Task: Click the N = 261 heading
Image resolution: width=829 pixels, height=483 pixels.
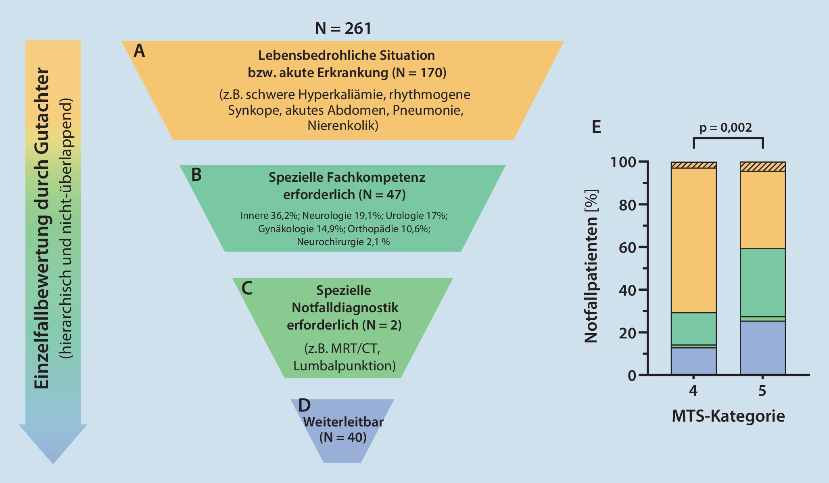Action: [343, 29]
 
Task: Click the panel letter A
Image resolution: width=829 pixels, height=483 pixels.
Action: [139, 51]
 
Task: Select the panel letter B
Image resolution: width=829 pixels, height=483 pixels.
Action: [196, 175]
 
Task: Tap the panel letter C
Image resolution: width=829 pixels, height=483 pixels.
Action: [246, 288]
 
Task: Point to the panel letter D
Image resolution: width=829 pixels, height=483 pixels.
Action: [304, 405]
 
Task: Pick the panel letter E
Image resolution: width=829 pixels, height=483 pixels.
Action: [596, 127]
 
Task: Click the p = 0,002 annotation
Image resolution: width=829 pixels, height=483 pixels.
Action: [725, 128]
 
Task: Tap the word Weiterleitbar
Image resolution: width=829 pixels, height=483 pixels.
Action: [343, 422]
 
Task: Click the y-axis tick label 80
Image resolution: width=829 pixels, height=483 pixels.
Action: [627, 205]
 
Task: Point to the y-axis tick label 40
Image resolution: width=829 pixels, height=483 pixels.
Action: [627, 290]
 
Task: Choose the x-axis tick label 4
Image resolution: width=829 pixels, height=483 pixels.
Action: [693, 391]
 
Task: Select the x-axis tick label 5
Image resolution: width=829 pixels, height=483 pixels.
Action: [762, 391]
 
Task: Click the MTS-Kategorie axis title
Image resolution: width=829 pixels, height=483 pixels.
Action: [728, 416]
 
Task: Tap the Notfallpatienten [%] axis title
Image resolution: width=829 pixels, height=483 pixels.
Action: [591, 267]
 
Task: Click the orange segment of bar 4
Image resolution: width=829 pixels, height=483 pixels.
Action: [693, 240]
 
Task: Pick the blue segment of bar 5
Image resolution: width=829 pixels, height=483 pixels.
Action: [762, 348]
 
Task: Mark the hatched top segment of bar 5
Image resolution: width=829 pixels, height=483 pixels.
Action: [762, 167]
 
